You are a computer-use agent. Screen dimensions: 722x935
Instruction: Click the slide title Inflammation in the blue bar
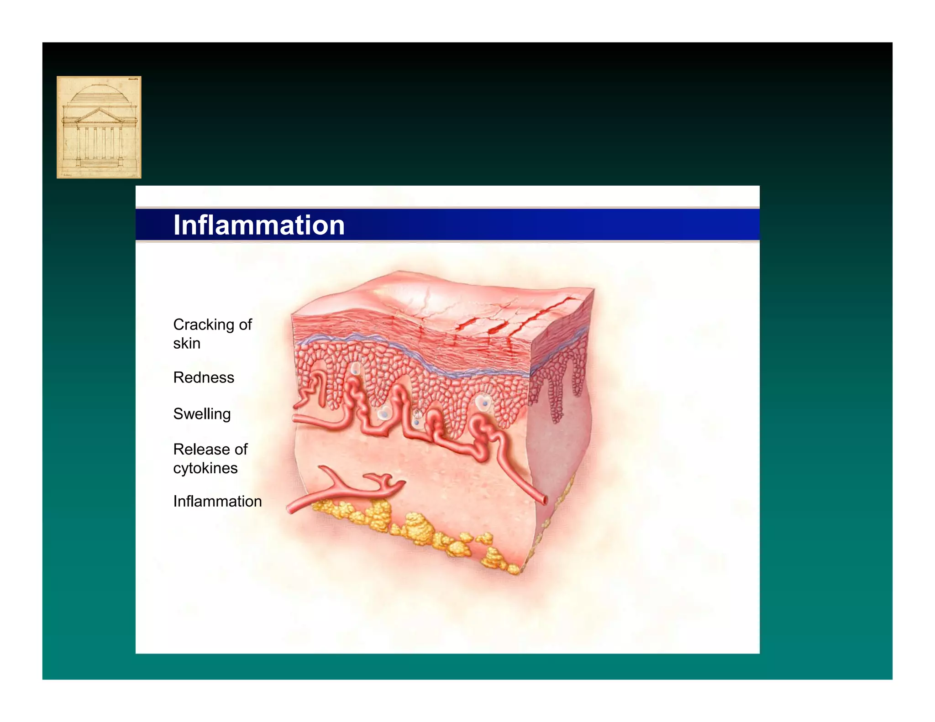[x=259, y=225]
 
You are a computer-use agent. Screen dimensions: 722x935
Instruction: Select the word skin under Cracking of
[x=187, y=343]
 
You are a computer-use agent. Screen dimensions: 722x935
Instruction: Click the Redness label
[x=204, y=377]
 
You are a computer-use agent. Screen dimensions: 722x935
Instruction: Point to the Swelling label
[x=202, y=414]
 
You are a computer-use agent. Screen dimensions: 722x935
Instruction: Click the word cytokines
[x=205, y=468]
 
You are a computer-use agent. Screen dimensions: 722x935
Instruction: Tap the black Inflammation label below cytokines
[x=217, y=501]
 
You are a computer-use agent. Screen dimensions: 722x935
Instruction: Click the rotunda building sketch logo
[x=99, y=127]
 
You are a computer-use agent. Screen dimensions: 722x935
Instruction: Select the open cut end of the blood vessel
[x=544, y=500]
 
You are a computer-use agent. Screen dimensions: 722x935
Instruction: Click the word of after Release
[x=241, y=450]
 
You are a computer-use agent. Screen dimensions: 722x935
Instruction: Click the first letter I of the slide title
[x=176, y=225]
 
